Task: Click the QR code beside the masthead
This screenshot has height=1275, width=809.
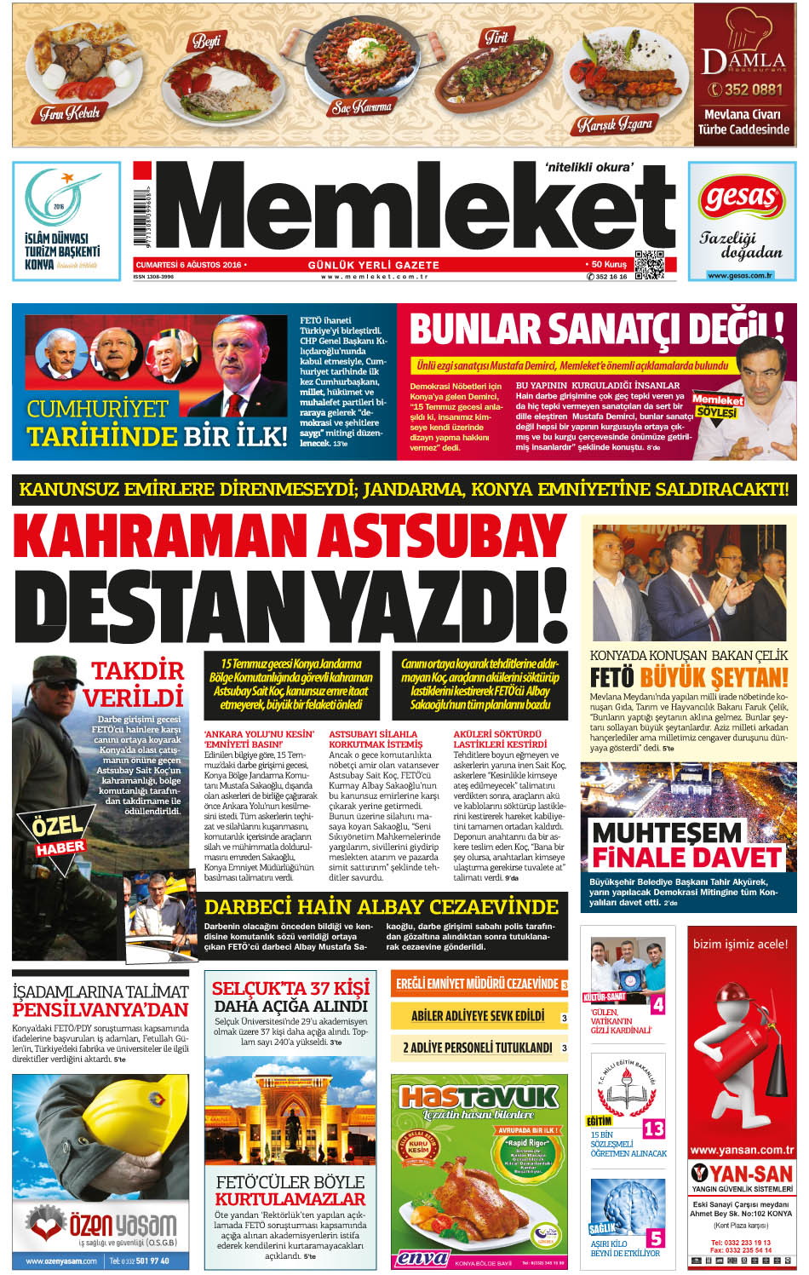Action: coord(649,266)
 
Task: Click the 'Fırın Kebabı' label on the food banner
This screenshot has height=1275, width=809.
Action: coord(70,112)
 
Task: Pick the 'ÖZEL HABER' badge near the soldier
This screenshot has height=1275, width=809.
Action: coord(60,836)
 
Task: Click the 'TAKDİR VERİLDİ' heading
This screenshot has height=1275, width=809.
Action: coord(136,684)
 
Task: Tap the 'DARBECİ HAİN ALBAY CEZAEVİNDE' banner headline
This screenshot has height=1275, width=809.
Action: coord(381,906)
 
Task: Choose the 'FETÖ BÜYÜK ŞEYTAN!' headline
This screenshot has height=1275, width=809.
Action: coord(689,678)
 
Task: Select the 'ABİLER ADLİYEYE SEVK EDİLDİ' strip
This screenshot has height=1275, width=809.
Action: coord(478,1015)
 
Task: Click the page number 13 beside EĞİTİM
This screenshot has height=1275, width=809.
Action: coord(653,1129)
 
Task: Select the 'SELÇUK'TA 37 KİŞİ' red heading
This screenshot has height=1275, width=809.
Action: coord(290,988)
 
